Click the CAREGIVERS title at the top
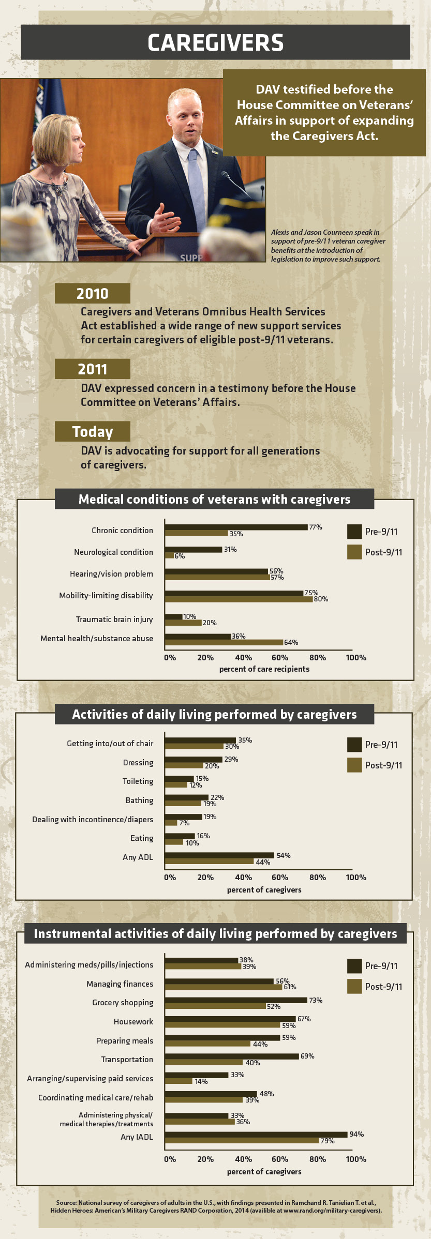(215, 43)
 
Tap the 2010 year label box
(92, 293)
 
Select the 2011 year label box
(92, 369)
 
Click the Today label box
(92, 431)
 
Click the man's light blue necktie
(196, 186)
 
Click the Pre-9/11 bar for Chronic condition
(236, 527)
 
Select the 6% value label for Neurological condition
(180, 556)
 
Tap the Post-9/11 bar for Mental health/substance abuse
(224, 642)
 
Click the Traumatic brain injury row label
(114, 619)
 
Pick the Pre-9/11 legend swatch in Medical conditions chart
(354, 531)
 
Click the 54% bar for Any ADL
(219, 855)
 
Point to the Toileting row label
(138, 781)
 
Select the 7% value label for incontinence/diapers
(184, 823)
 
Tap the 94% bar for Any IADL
(256, 1134)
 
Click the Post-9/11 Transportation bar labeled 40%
(203, 1062)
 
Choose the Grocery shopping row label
(123, 1002)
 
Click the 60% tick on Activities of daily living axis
(280, 877)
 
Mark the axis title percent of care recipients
(264, 669)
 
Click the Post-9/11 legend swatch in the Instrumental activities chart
(354, 986)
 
